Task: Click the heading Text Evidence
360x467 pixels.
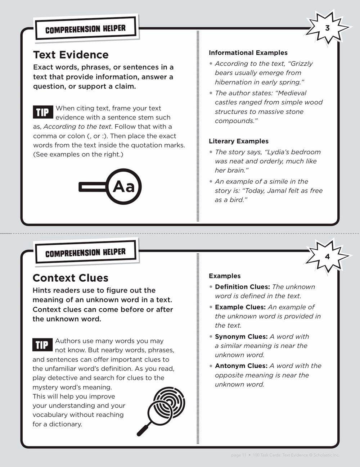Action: pyautogui.click(x=71, y=55)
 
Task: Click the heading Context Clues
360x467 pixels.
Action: pyautogui.click(x=70, y=278)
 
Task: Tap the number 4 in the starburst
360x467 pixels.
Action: pyautogui.click(x=327, y=257)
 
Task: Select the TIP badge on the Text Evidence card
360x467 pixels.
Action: pyautogui.click(x=42, y=113)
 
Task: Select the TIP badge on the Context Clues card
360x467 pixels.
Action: pyautogui.click(x=42, y=345)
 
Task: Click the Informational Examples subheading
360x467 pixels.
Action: pyautogui.click(x=248, y=53)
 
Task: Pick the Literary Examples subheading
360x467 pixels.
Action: pyautogui.click(x=239, y=141)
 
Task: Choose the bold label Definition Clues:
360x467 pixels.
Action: pyautogui.click(x=242, y=287)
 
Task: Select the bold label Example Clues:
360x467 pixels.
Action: pyautogui.click(x=240, y=307)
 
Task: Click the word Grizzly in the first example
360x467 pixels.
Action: pyautogui.click(x=301, y=64)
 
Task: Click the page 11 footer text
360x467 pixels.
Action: pyautogui.click(x=238, y=455)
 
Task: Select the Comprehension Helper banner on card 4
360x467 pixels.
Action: pyautogui.click(x=85, y=253)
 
